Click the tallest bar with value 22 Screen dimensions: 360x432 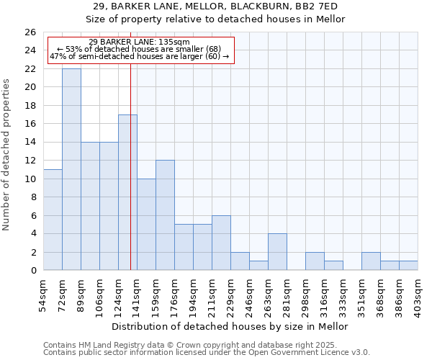tap(71, 169)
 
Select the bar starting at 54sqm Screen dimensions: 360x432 tap(53, 220)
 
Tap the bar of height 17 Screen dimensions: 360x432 tap(127, 192)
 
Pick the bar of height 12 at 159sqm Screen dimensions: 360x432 tap(165, 215)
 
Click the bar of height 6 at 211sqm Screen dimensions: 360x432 tap(221, 243)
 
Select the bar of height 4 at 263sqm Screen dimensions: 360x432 tap(277, 252)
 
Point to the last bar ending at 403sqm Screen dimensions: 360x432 tap(408, 266)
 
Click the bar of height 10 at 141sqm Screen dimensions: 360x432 tap(146, 225)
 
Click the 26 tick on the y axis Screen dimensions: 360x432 tap(30, 32)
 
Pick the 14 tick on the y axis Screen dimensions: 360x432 tap(30, 143)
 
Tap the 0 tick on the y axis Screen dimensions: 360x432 tap(33, 271)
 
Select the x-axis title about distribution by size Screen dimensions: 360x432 tap(230, 326)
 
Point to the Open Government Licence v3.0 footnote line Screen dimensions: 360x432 tap(207, 353)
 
